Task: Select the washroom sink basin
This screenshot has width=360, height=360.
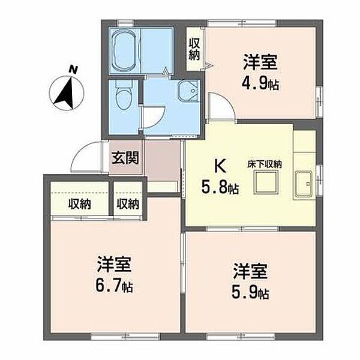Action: coord(188,91)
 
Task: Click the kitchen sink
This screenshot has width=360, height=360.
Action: coord(304,184)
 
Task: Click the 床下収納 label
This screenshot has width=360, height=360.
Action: coord(265,164)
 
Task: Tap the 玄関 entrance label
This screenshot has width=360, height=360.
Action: coord(125,158)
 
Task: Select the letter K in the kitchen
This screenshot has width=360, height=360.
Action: coord(220,167)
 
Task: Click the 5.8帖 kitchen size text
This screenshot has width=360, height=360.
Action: coord(220,187)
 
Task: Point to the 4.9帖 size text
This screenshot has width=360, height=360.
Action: coord(260,83)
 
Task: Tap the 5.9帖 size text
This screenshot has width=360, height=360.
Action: coord(250,292)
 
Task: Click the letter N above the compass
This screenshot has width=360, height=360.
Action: coord(73,70)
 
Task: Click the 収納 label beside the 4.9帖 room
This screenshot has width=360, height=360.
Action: coord(194,49)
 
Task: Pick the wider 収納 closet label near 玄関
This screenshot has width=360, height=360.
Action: coord(79,204)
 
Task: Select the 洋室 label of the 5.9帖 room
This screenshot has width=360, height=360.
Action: coord(250,271)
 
